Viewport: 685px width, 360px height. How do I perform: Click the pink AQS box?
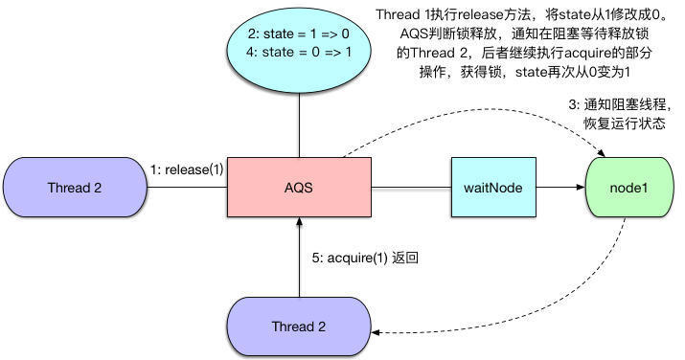[x=299, y=187]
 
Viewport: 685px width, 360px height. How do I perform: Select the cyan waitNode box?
[x=492, y=187]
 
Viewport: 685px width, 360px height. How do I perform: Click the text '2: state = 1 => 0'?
[x=300, y=33]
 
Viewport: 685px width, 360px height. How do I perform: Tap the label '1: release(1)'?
[x=187, y=170]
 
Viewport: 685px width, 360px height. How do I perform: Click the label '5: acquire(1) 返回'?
[x=366, y=259]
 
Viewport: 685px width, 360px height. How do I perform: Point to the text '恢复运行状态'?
[x=624, y=124]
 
